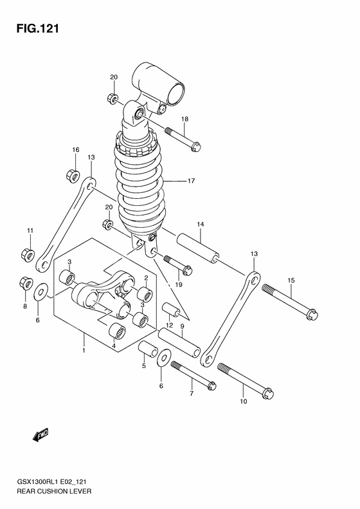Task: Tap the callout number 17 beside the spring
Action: (x=191, y=181)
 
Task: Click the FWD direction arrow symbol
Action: (x=40, y=438)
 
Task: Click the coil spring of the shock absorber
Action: (x=139, y=187)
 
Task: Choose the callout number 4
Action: (x=114, y=346)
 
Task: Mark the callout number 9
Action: (x=183, y=327)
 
